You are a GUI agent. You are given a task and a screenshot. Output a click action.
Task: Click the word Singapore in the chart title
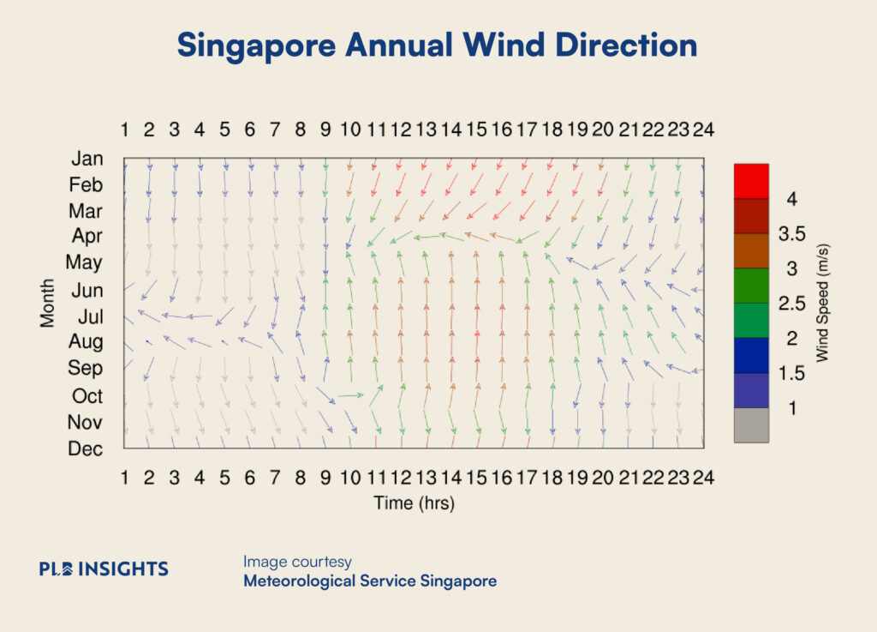tap(256, 45)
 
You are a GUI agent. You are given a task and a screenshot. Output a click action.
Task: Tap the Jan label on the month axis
tap(87, 159)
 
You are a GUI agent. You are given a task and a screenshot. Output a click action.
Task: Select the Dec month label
tap(85, 448)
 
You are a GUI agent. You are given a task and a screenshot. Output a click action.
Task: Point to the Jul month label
tap(91, 316)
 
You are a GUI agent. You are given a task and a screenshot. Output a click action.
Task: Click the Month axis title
tap(47, 303)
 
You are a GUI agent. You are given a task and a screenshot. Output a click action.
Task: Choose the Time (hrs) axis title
tap(414, 503)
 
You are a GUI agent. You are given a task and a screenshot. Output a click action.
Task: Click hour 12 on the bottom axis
tap(401, 478)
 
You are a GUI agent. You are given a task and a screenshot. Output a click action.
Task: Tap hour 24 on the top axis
tap(704, 129)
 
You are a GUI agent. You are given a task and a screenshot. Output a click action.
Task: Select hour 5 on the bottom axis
tap(224, 478)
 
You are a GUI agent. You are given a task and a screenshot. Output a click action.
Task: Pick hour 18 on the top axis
tap(552, 129)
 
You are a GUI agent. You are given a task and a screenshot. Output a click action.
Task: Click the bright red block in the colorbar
tap(751, 181)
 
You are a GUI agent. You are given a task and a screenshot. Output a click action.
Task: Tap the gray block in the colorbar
tap(751, 425)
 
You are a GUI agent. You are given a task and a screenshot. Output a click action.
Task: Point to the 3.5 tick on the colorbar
tap(791, 233)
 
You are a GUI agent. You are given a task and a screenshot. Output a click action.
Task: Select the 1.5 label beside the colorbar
tap(791, 373)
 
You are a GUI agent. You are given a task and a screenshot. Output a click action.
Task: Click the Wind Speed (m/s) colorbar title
tap(821, 303)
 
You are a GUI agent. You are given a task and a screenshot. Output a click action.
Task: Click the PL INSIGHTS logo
tap(104, 569)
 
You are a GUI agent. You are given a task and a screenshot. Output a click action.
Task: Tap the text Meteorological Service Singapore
tap(370, 581)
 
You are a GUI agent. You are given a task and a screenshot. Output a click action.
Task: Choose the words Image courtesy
tap(297, 562)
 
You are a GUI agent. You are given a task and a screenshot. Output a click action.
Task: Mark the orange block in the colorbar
tap(751, 250)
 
